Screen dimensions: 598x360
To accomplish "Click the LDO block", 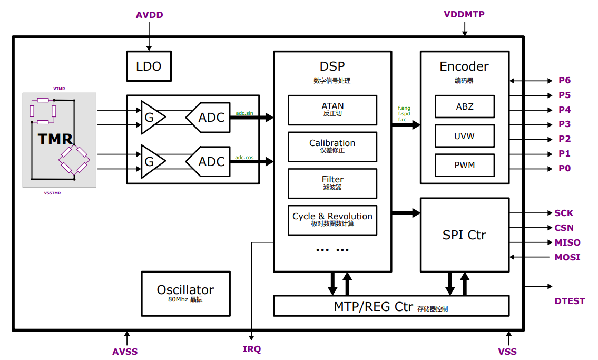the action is tap(149, 66).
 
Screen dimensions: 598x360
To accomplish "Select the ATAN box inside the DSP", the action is tap(332, 110).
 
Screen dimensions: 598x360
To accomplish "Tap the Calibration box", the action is tap(332, 147).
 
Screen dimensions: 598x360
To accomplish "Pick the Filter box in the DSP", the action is tap(332, 183).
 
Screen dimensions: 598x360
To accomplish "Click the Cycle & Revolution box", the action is tap(332, 220).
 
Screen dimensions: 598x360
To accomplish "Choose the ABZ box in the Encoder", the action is tap(465, 106).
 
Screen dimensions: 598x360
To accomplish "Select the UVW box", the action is tap(465, 136).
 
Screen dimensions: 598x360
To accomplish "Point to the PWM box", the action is tap(465, 165).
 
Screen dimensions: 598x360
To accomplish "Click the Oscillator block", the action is tap(186, 294).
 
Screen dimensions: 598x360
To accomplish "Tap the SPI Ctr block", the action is tap(465, 235).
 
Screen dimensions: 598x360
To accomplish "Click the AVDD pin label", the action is tap(150, 15).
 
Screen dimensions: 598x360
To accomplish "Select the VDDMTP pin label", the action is tap(464, 14).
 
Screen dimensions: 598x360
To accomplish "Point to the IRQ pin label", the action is tap(252, 349).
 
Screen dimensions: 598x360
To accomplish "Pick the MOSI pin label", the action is tap(567, 257).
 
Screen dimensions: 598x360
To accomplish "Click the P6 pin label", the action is tap(564, 81).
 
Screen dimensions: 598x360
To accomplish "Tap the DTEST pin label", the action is tap(570, 301).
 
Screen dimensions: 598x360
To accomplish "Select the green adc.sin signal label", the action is tap(244, 113).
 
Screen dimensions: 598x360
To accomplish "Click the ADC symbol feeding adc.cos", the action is tap(208, 161).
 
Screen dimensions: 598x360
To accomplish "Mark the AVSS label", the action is tap(125, 352).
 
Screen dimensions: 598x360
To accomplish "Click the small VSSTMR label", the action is tap(52, 193).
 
